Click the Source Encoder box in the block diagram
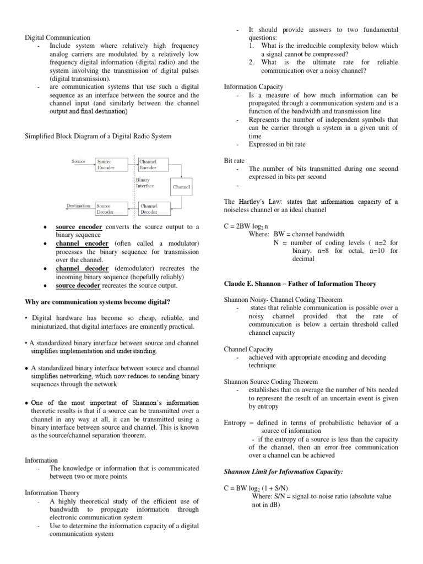coord(107,165)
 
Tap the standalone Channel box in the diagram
coord(181,187)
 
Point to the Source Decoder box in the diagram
coord(107,208)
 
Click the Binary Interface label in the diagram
coord(145,183)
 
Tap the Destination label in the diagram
coord(78,205)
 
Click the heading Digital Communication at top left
coord(58,37)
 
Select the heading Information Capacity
coord(253,86)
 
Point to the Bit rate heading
coord(234,160)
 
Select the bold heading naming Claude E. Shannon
coord(300,284)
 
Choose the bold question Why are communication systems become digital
coord(98,302)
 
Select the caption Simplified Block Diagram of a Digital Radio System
coord(99,136)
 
